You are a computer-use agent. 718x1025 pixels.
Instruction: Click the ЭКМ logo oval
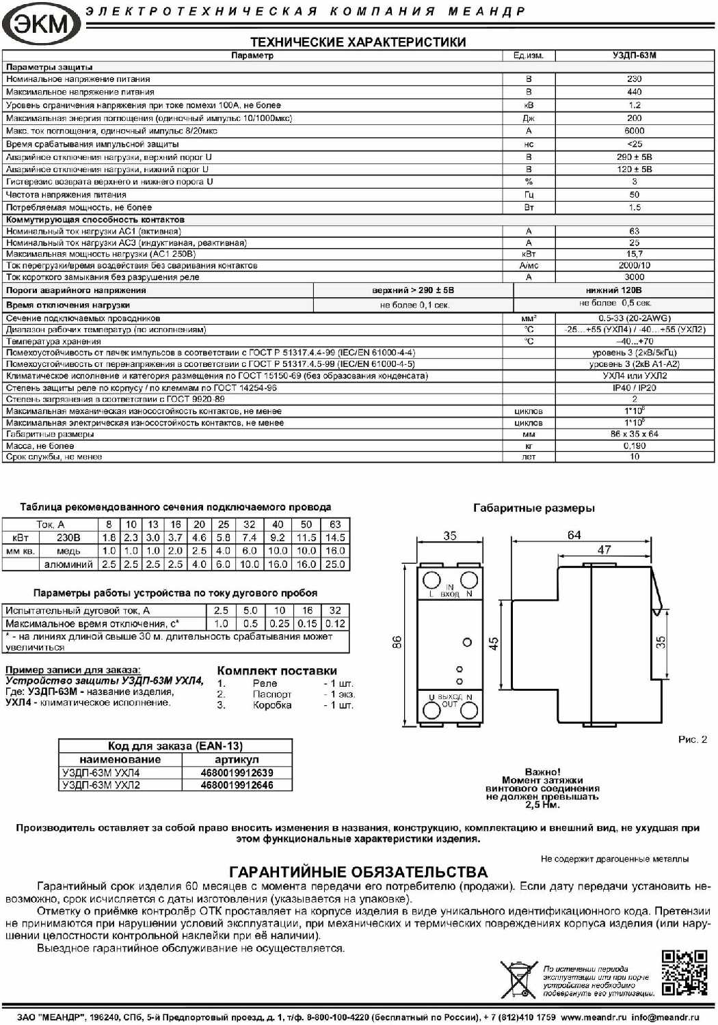[41, 24]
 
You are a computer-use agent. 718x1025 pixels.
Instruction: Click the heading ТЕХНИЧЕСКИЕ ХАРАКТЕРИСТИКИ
[358, 42]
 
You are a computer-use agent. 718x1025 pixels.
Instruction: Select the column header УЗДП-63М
[634, 55]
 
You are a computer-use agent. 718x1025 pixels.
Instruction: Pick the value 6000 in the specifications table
[634, 131]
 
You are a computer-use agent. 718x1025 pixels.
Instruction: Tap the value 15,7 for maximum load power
[634, 254]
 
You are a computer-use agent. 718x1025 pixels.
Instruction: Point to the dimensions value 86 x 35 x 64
[634, 434]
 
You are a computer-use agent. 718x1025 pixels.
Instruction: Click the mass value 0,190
[634, 446]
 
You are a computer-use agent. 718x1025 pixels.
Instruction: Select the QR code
[684, 972]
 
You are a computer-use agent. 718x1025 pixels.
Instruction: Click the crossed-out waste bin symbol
[518, 979]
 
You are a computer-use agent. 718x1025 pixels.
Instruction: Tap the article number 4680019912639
[237, 773]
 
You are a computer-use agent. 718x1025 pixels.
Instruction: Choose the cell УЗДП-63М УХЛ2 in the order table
[101, 785]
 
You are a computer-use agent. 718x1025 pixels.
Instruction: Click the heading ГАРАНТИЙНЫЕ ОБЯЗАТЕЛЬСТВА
[358, 872]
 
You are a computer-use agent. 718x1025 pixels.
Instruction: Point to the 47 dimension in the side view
[604, 549]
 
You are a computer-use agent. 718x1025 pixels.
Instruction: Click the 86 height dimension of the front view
[397, 642]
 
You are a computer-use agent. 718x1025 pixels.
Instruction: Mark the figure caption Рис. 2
[692, 739]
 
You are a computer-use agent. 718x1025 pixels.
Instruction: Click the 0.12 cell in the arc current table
[335, 623]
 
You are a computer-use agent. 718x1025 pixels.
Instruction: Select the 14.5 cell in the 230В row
[335, 538]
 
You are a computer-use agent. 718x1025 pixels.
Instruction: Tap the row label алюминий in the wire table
[68, 564]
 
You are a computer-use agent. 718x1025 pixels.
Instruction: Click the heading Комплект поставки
[277, 671]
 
